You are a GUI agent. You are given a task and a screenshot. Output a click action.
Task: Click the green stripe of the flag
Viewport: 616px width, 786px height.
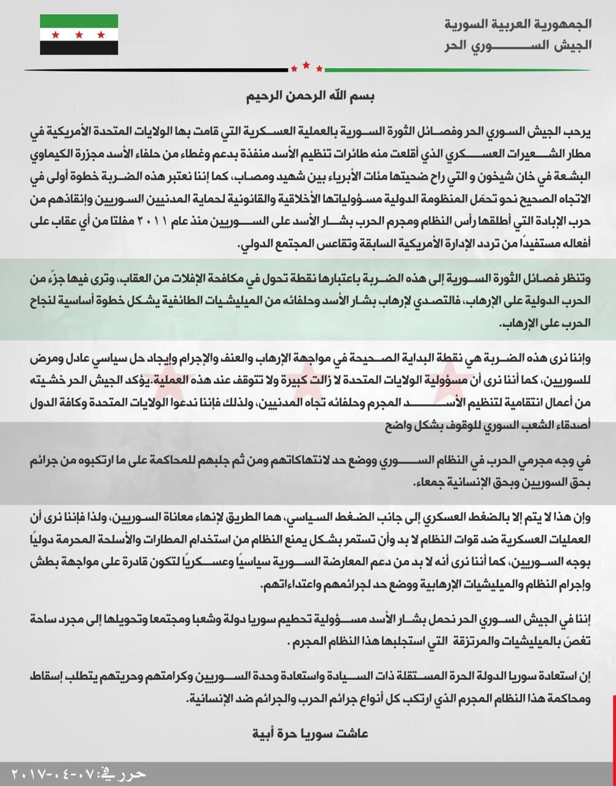(x=79, y=21)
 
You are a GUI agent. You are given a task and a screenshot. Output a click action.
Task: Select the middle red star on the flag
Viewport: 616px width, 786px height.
(x=79, y=34)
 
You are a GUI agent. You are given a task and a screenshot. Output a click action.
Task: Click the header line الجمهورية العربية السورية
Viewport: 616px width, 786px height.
(x=521, y=25)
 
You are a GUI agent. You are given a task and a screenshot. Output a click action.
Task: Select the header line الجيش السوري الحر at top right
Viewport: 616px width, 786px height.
(x=521, y=46)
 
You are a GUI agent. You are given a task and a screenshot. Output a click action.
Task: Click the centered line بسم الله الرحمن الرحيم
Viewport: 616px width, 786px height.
(x=307, y=96)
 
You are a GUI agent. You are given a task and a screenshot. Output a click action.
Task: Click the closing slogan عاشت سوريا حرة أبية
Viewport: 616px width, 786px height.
(x=309, y=733)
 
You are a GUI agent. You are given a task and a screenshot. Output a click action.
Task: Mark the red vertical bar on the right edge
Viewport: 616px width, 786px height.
(x=614, y=725)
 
